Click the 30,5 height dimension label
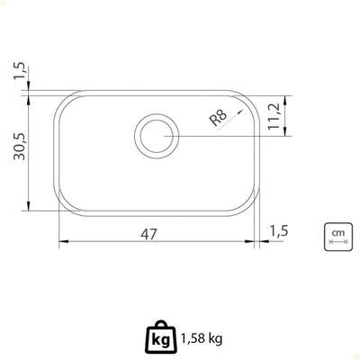click(21, 147)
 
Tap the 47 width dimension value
click(148, 234)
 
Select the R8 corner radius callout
click(219, 117)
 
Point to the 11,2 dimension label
click(274, 116)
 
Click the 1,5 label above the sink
click(21, 72)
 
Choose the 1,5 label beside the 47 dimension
click(279, 231)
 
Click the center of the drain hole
click(157, 137)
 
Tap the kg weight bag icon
click(161, 337)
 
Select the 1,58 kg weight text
click(202, 339)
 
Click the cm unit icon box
click(338, 237)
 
